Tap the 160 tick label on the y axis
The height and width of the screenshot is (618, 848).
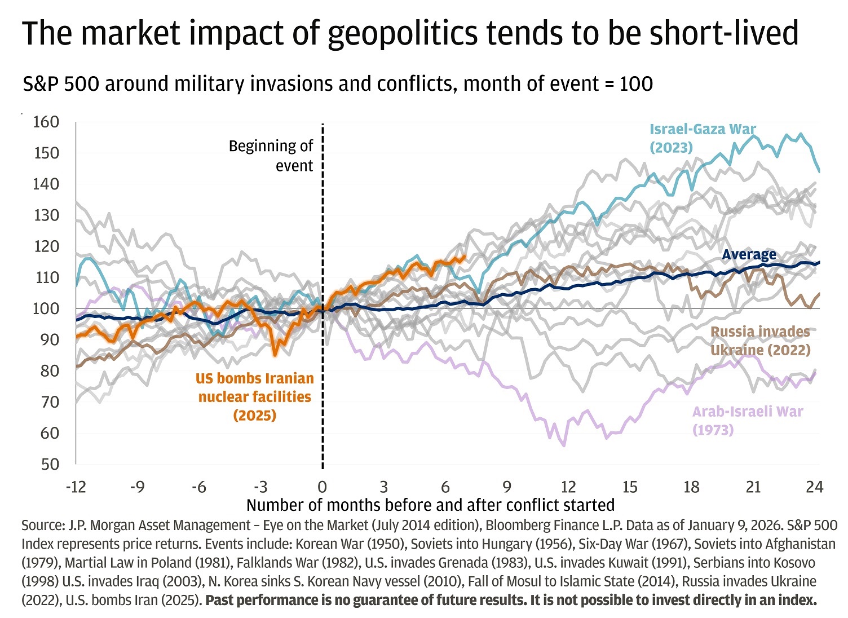pos(46,122)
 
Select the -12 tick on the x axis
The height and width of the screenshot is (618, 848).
pos(76,487)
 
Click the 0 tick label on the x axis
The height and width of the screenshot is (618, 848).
pos(322,487)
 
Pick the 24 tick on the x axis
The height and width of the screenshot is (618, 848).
pos(815,487)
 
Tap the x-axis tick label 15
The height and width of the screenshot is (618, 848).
pos(630,487)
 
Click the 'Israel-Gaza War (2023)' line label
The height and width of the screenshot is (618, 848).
pos(702,138)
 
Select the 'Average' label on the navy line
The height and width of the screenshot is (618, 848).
pos(749,255)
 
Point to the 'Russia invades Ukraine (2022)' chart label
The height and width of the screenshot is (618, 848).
pos(760,341)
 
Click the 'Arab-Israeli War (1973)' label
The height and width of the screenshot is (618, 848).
pos(747,421)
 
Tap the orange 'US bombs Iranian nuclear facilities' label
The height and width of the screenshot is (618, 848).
pos(255,396)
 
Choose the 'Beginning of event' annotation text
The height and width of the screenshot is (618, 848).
pos(271,156)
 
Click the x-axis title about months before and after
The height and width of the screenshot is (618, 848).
pos(430,505)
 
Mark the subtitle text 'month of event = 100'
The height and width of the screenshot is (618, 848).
pos(558,84)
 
